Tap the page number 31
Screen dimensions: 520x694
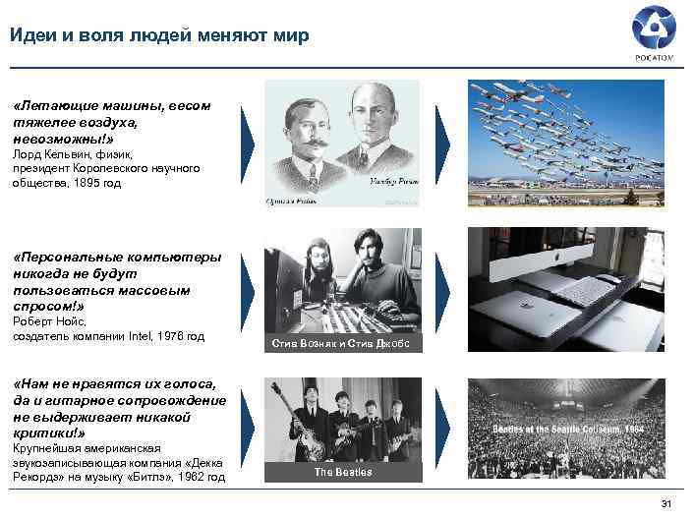[x=665, y=505]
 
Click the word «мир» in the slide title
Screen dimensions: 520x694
[x=291, y=36]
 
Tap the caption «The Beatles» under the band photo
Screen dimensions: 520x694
[x=342, y=473]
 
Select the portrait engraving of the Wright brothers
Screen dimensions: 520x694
[x=342, y=144]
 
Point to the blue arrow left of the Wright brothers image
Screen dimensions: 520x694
[x=247, y=144]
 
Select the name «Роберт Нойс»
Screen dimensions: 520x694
[x=49, y=321]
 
